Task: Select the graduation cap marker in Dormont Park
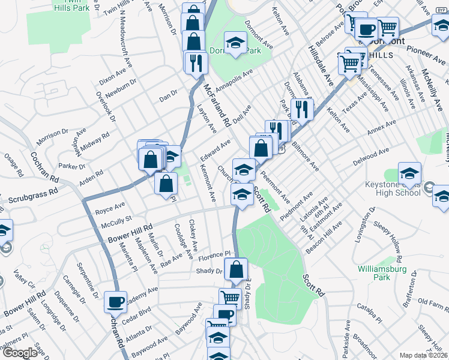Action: pos(236,43)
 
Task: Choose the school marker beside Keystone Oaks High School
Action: pos(409,173)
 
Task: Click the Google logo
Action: pos(20,353)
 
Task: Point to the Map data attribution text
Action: pos(424,355)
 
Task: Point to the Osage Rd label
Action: pos(13,166)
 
